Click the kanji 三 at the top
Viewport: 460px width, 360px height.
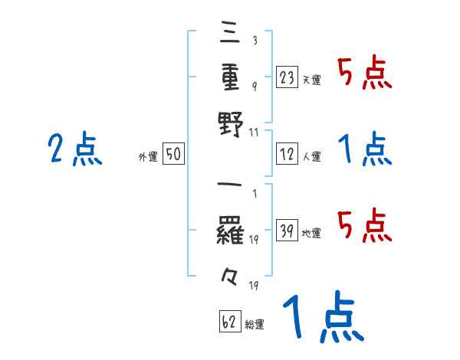(x=231, y=35)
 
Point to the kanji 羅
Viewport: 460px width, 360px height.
(x=231, y=229)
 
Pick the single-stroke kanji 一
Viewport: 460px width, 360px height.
(x=231, y=186)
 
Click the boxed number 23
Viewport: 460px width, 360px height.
(x=286, y=77)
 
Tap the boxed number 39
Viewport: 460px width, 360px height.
(x=286, y=231)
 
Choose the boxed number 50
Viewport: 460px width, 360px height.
(x=173, y=155)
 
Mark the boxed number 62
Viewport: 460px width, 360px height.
(x=228, y=322)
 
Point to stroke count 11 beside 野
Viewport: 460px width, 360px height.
(x=255, y=133)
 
